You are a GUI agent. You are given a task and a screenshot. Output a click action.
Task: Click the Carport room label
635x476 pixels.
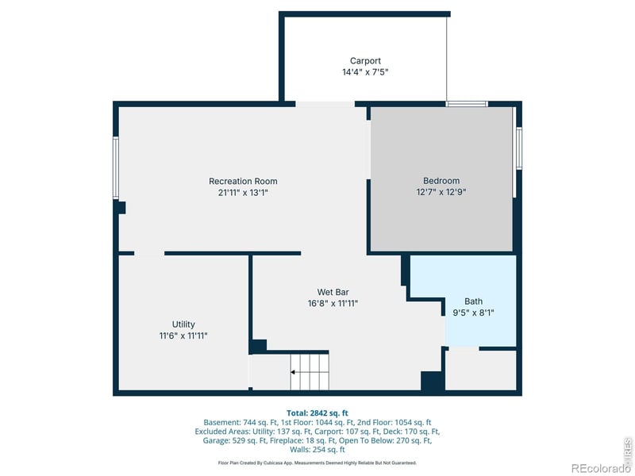365,60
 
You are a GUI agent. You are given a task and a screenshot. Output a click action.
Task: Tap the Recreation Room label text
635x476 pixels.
243,181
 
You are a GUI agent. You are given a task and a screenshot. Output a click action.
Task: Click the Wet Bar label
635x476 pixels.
333,292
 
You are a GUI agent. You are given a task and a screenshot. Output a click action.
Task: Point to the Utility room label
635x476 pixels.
183,324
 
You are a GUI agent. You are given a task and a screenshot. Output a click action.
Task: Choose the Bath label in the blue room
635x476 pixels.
473,301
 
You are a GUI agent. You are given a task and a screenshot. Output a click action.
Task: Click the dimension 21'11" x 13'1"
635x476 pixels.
243,192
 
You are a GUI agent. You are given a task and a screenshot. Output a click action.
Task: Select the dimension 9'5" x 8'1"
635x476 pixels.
473,313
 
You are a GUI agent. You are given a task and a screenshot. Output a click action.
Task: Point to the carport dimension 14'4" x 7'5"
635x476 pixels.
365,71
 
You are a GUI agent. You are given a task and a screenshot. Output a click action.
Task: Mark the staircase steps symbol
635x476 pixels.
309,371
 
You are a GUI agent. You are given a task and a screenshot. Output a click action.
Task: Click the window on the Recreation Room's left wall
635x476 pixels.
116,168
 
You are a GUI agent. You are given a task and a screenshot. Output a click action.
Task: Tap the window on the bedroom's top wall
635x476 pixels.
466,104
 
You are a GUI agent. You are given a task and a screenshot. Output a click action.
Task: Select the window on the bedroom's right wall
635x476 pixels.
518,148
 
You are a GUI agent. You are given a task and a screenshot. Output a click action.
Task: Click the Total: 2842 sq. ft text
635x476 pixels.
317,413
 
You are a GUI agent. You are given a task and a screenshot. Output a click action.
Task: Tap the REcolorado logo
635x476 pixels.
600,468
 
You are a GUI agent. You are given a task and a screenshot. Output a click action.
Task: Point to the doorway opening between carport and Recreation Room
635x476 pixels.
325,104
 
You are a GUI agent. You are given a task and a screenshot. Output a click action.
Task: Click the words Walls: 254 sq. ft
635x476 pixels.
317,449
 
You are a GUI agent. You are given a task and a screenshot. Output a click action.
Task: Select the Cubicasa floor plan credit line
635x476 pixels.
317,463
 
